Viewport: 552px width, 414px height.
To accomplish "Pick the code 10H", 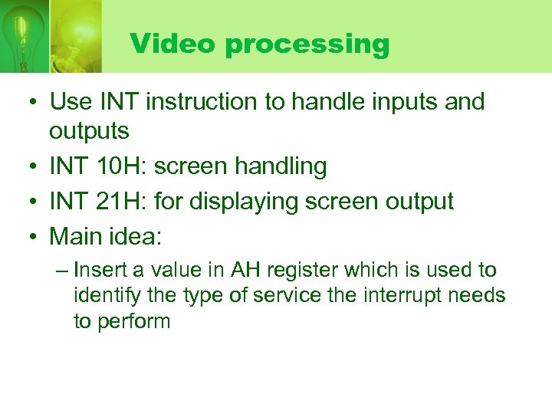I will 118,166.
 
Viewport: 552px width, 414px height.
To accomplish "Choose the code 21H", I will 118,202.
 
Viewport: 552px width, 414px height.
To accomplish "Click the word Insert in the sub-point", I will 100,270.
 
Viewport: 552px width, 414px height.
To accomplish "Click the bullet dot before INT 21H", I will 34,202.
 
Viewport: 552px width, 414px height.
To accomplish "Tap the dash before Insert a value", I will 61,271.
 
